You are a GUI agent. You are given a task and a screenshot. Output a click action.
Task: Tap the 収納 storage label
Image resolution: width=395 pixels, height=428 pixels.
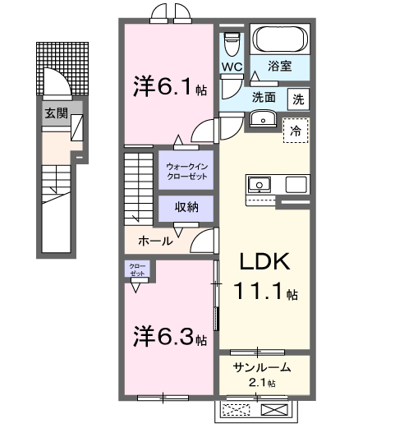[186, 207]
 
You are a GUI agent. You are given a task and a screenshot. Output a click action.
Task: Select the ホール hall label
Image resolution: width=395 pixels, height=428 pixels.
[155, 241]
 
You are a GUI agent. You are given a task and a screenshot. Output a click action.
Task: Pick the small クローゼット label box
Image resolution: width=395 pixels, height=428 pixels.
[137, 269]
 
